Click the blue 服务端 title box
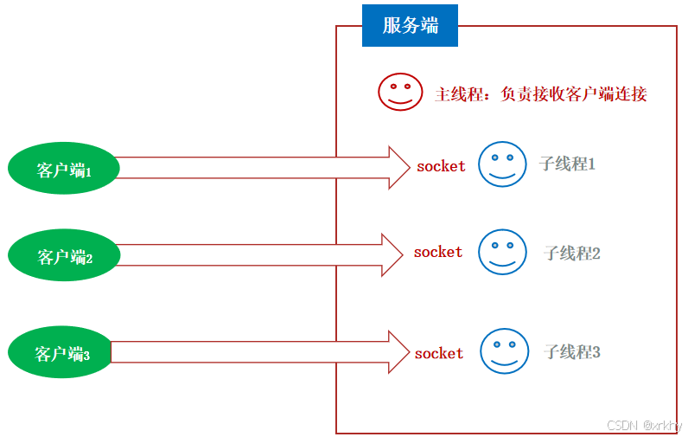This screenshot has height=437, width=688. point(410,25)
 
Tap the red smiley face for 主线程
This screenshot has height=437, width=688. point(400,91)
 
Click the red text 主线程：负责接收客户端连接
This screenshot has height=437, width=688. point(540,93)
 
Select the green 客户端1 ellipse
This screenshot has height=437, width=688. point(61,170)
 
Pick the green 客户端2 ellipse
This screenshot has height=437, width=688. point(61,255)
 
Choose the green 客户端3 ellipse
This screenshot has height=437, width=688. point(61,352)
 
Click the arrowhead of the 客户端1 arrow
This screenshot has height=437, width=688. point(398,167)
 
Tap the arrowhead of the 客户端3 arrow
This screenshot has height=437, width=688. point(398,351)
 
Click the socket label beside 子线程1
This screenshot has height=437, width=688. point(441,166)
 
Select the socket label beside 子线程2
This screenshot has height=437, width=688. point(438,252)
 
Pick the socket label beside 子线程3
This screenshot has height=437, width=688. point(439,353)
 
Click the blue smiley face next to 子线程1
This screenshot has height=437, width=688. point(502,164)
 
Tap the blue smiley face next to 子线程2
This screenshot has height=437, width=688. point(502,252)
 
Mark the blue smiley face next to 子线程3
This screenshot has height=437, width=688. point(504,350)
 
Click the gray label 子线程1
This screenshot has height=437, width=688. point(567,164)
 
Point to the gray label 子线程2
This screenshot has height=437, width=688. point(571,253)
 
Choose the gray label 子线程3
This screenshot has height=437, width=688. point(571,351)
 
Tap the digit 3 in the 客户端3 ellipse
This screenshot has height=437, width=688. point(86,355)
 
